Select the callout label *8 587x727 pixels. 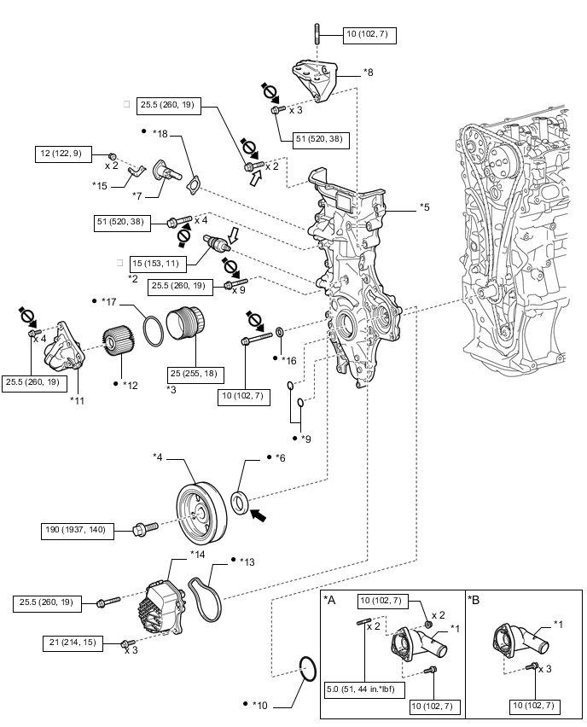368,73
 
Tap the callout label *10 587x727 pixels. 261,705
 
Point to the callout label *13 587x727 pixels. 248,561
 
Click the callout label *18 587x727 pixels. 160,133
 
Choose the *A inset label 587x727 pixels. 330,600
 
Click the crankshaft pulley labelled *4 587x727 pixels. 201,512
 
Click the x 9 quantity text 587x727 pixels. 240,290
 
